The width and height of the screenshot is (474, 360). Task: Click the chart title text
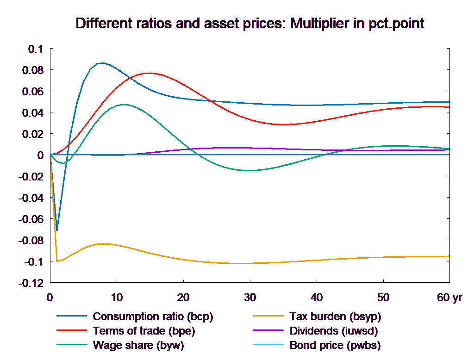(x=249, y=24)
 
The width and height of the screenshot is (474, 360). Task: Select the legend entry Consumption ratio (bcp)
(x=153, y=317)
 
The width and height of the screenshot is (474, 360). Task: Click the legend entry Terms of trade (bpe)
(x=144, y=331)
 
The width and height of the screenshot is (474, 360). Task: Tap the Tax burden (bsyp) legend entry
(x=335, y=317)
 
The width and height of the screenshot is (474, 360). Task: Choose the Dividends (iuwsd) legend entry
(x=334, y=331)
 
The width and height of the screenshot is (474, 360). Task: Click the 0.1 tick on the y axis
(x=35, y=49)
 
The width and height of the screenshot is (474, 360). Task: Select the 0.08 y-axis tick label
(x=32, y=70)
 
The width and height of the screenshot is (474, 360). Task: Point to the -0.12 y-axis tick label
(x=31, y=283)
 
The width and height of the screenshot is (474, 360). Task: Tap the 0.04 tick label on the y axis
(x=32, y=113)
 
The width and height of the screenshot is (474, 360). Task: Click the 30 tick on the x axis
(x=250, y=298)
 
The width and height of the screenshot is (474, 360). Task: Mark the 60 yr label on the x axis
(x=449, y=298)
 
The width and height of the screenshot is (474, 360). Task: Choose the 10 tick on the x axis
(x=117, y=298)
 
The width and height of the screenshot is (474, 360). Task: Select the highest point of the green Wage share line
(x=124, y=105)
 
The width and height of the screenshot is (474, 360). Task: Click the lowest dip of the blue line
(x=57, y=230)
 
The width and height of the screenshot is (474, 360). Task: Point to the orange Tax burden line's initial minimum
(x=57, y=261)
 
